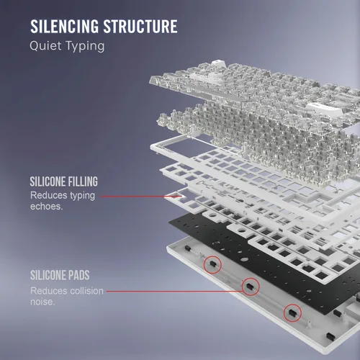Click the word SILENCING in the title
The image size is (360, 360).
click(x=64, y=27)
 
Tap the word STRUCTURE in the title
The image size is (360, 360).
click(x=140, y=27)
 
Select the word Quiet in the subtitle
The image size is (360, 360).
click(x=45, y=45)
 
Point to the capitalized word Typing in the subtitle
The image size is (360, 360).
click(x=85, y=46)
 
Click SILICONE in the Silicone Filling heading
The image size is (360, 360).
click(x=48, y=181)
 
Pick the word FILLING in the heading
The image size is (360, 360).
click(x=82, y=181)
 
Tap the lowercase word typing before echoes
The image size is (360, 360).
click(x=82, y=196)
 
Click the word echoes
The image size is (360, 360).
click(x=46, y=207)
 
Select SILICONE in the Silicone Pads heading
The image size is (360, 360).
click(x=48, y=275)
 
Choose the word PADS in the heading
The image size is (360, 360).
click(x=78, y=275)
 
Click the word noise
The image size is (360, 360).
click(x=42, y=302)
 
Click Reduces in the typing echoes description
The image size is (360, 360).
click(x=49, y=195)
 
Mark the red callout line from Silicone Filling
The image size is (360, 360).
click(x=141, y=197)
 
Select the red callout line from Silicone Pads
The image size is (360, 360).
click(x=174, y=292)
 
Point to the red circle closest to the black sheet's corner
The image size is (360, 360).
click(x=204, y=265)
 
